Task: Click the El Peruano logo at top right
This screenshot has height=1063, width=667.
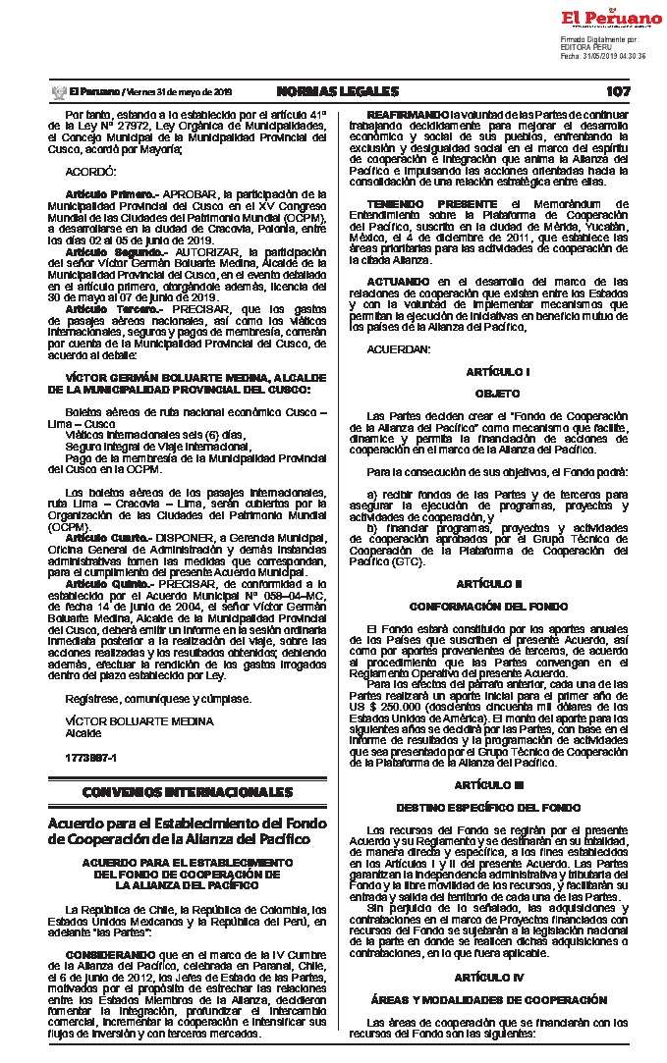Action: (x=611, y=18)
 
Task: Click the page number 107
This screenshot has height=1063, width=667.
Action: (x=618, y=91)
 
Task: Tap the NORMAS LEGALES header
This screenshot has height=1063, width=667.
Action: (x=338, y=91)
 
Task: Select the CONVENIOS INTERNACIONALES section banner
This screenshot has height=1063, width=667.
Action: (x=180, y=790)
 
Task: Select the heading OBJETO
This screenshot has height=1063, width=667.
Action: (x=498, y=393)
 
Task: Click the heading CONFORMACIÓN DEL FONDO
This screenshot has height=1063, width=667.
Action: (x=498, y=606)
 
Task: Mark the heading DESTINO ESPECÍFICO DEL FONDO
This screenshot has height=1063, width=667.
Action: (x=498, y=807)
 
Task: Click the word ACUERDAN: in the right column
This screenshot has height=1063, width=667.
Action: (x=398, y=349)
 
